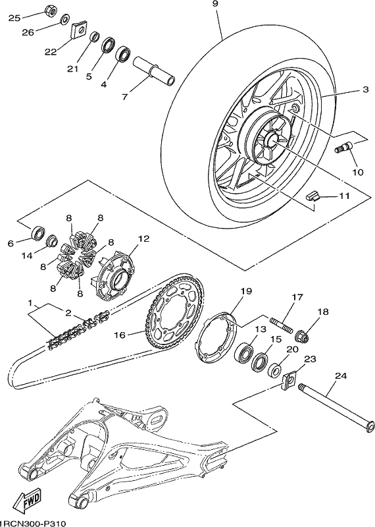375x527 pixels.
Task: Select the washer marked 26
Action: (x=64, y=19)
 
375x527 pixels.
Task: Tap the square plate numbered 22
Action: (x=80, y=30)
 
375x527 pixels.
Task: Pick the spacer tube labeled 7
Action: (x=154, y=71)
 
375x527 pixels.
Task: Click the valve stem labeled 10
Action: (x=344, y=147)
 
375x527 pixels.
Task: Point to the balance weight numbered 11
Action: (x=312, y=196)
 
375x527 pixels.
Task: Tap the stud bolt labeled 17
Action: (x=282, y=324)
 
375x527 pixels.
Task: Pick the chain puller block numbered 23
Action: (x=289, y=381)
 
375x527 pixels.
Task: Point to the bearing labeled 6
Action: (x=37, y=233)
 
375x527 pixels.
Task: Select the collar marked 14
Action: (x=52, y=240)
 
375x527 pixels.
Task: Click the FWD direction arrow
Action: (x=27, y=501)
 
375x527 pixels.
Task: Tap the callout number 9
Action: (x=215, y=4)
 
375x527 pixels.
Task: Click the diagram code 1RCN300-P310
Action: (x=32, y=523)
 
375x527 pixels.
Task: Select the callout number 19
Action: (x=246, y=291)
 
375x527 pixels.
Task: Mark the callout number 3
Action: (x=365, y=90)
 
